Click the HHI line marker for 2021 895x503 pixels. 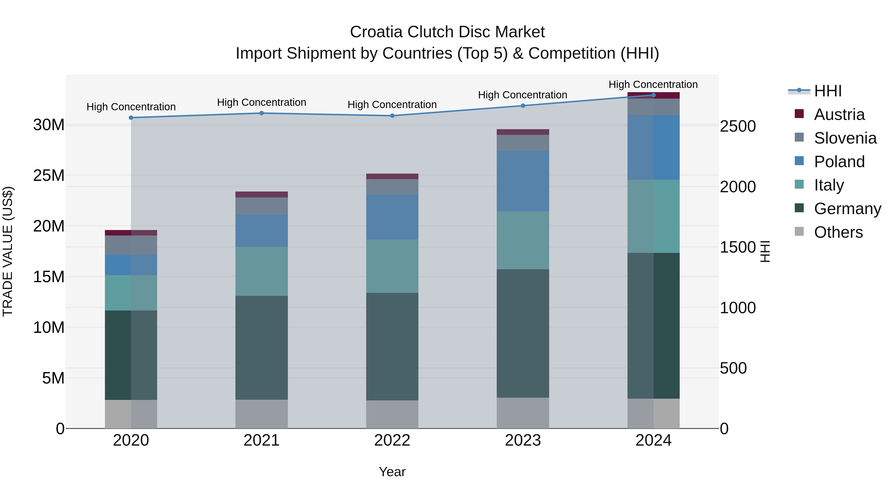point(262,113)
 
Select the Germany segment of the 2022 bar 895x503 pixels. point(392,347)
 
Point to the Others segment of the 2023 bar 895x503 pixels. point(523,413)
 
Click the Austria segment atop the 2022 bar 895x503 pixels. point(392,176)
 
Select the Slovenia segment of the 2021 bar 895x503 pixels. point(262,206)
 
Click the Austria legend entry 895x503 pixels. point(839,115)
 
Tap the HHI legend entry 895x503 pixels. point(828,91)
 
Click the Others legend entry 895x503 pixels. point(838,232)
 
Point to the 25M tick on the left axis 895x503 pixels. point(49,175)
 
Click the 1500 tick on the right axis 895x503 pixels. point(738,247)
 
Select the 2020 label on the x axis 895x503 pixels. point(131,440)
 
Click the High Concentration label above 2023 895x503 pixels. point(523,95)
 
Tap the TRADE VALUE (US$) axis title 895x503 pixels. point(8,251)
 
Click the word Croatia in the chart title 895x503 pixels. point(376,32)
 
